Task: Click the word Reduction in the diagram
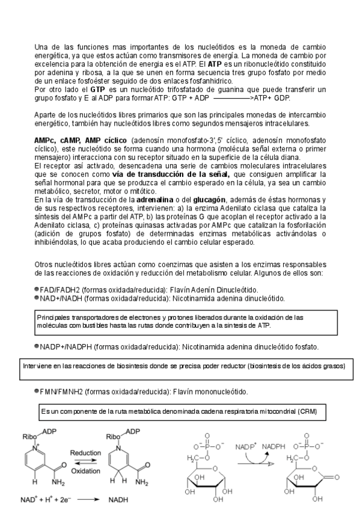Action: tap(85, 453)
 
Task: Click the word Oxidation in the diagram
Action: tap(85, 471)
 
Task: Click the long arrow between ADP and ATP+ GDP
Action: tap(231, 97)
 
